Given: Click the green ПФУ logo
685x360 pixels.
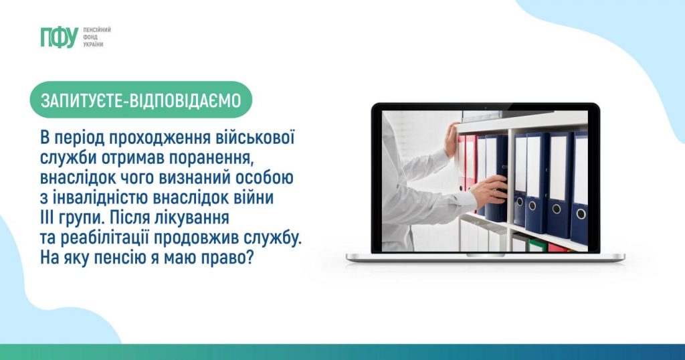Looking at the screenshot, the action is coord(59,37).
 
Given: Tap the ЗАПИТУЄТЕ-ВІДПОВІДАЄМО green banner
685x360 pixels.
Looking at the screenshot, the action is coord(140,100).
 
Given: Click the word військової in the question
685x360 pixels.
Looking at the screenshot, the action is coord(256,138).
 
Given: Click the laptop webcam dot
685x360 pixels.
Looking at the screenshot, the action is coord(486,106).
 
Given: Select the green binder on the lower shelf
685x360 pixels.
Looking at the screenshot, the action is coord(537,245).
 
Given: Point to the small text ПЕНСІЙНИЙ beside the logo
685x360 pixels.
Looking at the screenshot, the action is coord(97,29).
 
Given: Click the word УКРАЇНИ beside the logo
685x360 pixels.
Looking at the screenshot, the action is coord(93,45).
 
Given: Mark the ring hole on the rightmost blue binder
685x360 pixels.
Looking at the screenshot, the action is coord(581,213).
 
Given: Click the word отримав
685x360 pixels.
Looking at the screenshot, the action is coord(133,158).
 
